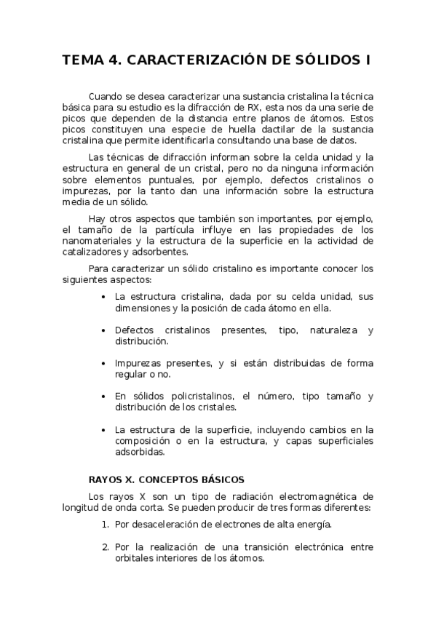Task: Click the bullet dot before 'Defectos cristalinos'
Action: point(104,330)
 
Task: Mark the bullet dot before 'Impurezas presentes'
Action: point(104,363)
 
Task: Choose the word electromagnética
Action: point(317,495)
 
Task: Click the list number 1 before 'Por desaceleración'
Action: point(106,524)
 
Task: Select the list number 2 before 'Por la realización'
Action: point(106,547)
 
